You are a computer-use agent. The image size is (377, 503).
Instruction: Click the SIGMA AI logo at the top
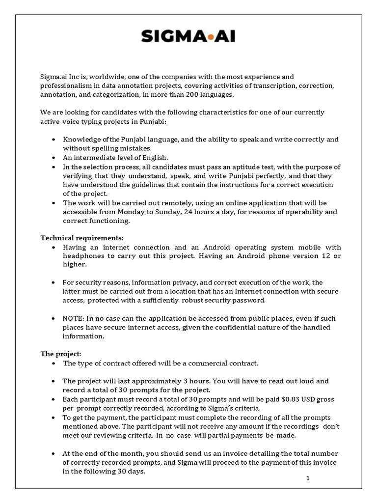pyautogui.click(x=189, y=35)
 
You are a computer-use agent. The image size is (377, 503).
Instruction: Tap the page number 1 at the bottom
pyautogui.click(x=307, y=479)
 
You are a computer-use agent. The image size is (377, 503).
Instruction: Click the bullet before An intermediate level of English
pyautogui.click(x=53, y=158)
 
